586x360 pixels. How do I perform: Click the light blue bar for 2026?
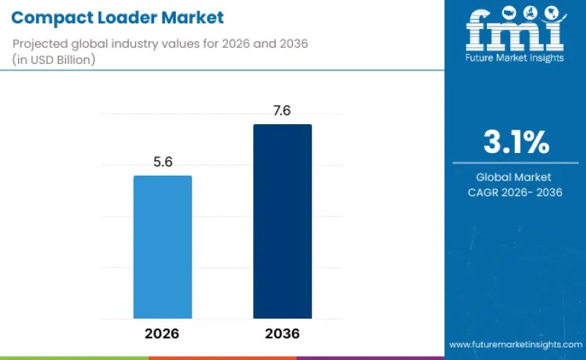point(163,247)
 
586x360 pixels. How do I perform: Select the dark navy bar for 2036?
point(282,221)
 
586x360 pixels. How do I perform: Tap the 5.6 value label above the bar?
point(163,162)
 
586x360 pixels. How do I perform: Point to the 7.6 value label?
point(282,111)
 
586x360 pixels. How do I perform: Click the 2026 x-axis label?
point(163,333)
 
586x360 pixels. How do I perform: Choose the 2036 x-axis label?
point(282,333)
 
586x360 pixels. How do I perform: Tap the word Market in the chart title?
point(196,17)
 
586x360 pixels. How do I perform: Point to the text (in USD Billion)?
point(54,59)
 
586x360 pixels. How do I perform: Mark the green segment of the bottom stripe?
point(74,358)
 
